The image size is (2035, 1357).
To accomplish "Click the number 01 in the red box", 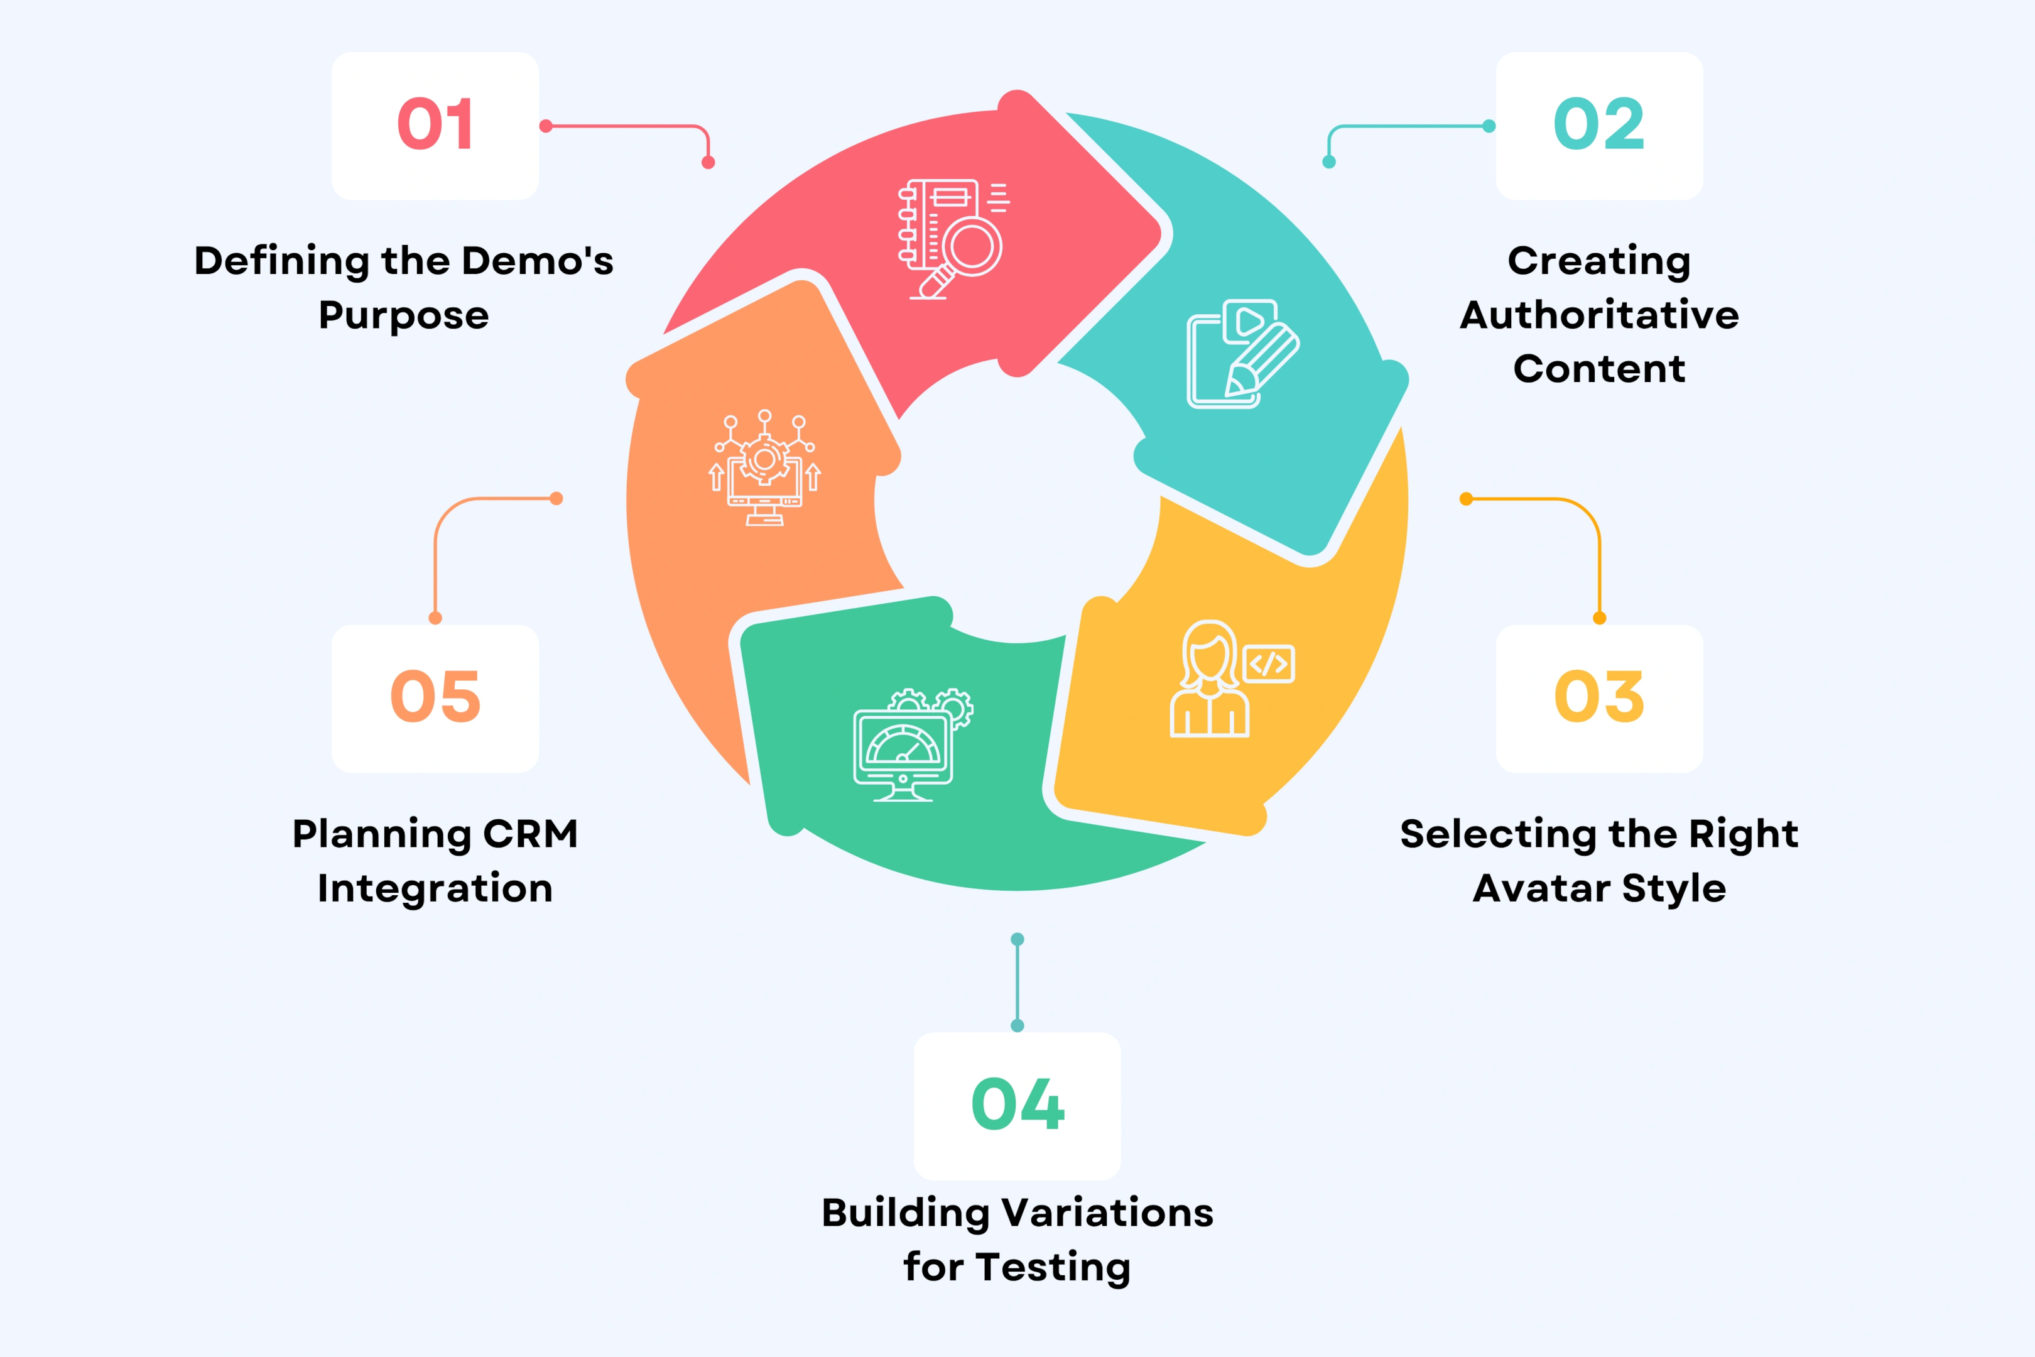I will pyautogui.click(x=435, y=124).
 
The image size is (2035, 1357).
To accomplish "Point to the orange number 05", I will pyautogui.click(x=435, y=697).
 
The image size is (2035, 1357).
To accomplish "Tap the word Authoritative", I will pyautogui.click(x=1599, y=315).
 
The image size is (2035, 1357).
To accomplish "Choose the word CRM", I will pyautogui.click(x=529, y=834).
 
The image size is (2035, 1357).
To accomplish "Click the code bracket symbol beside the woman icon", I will pyautogui.click(x=1268, y=664).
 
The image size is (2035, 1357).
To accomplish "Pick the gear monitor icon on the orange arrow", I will pyautogui.click(x=764, y=472).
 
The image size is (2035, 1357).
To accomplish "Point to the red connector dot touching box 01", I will pyautogui.click(x=546, y=126).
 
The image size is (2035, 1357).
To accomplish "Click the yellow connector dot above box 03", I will pyautogui.click(x=1599, y=618).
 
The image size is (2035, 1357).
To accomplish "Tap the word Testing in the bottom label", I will pyautogui.click(x=1053, y=1267).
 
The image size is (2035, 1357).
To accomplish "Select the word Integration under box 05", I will pyautogui.click(x=435, y=889).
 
